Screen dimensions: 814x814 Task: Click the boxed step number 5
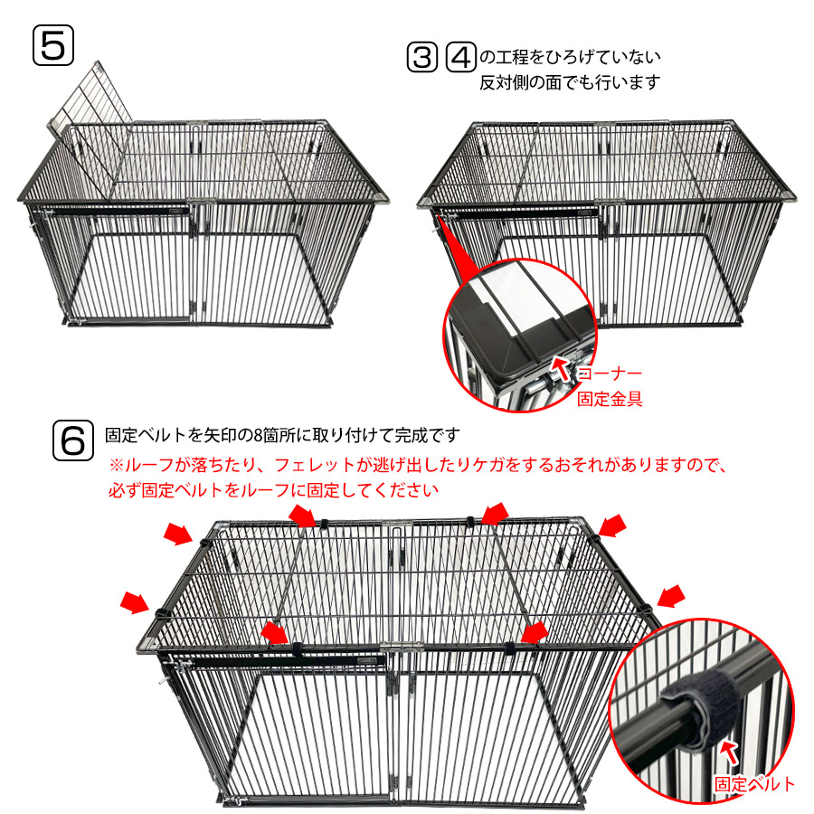coord(53,45)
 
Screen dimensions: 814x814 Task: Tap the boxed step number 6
coord(72,440)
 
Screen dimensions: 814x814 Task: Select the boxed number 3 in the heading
coord(421,57)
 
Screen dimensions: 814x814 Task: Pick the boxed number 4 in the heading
coord(460,57)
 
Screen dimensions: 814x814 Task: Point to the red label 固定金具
coord(610,399)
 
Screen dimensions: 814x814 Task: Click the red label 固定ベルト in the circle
coord(753,784)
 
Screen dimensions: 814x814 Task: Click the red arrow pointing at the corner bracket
coord(561,367)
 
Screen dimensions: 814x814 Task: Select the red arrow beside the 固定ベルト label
coord(731,752)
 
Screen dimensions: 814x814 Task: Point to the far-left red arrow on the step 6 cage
coord(135,602)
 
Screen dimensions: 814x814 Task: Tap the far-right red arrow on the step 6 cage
coord(671,596)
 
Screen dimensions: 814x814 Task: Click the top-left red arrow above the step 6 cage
coord(178,535)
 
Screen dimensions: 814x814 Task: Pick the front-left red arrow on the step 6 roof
coord(274,633)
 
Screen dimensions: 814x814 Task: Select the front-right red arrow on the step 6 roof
coord(535,633)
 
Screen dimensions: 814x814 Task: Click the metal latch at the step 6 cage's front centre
coord(402,648)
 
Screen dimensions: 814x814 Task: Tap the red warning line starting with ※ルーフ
coord(419,464)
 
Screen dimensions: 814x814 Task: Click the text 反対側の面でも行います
coord(570,82)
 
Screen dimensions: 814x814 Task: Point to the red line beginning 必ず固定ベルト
coord(273,489)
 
